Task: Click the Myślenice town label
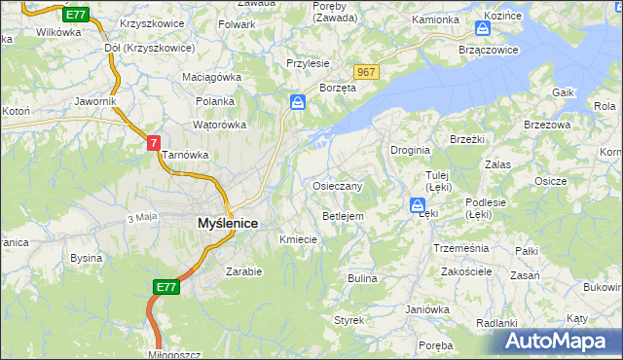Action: [x=227, y=223]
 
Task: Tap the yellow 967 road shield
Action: [x=366, y=73]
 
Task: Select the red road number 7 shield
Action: [x=154, y=143]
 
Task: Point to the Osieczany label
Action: [x=338, y=186]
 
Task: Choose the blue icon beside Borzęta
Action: [x=298, y=101]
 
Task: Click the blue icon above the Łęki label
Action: [x=417, y=206]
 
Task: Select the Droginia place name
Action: [x=411, y=151]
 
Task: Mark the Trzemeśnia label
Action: [x=460, y=248]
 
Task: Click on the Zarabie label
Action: [x=243, y=271]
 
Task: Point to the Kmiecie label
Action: [x=299, y=239]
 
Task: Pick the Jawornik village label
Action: [x=94, y=101]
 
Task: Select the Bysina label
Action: [x=86, y=259]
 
